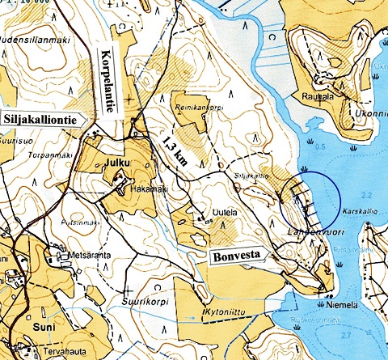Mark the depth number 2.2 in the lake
[x=367, y=196]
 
